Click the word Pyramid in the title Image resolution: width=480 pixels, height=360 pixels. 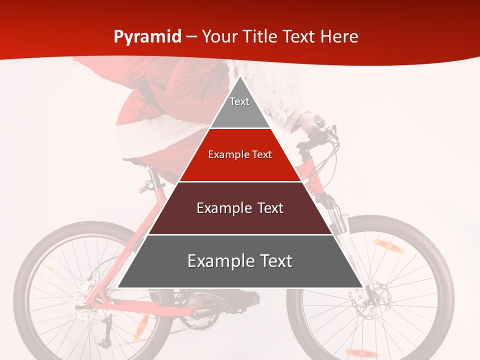pyautogui.click(x=147, y=36)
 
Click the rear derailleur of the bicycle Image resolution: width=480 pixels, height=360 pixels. pyautogui.click(x=105, y=340)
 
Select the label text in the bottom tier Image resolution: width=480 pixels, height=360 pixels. pyautogui.click(x=240, y=261)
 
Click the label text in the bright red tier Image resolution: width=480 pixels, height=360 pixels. pyautogui.click(x=240, y=155)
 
